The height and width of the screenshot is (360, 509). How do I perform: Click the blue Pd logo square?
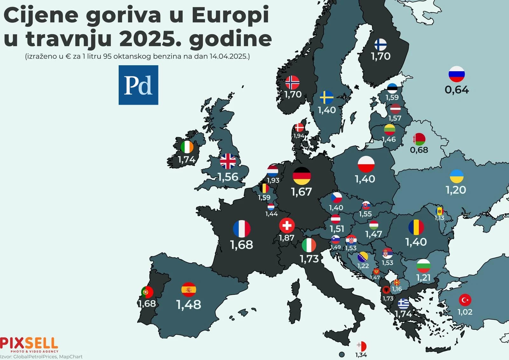[138, 85]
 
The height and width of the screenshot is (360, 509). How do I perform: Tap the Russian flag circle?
[457, 74]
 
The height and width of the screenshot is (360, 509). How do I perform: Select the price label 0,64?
[457, 90]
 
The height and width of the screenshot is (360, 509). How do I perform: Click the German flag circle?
[301, 176]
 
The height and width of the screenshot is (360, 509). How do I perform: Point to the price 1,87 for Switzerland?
[286, 238]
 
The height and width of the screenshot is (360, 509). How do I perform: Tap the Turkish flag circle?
[465, 300]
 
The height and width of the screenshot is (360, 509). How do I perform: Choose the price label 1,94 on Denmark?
[299, 136]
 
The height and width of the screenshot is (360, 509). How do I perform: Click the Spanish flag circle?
[189, 290]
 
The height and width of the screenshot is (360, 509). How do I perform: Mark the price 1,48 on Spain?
[189, 305]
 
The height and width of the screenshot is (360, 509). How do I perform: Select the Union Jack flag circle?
[228, 161]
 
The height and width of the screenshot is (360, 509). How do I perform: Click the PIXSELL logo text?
[29, 343]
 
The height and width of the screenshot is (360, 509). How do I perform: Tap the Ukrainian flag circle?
[457, 176]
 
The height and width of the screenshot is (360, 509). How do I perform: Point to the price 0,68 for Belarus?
[419, 150]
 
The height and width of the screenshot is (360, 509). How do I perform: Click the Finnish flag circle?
[380, 45]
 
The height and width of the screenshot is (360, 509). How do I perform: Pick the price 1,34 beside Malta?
[361, 355]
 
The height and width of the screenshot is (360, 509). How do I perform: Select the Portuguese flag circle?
[147, 292]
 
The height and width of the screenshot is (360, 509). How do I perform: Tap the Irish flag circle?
[187, 147]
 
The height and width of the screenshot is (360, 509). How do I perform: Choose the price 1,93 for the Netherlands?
[273, 180]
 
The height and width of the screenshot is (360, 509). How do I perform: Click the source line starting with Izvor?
[41, 357]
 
